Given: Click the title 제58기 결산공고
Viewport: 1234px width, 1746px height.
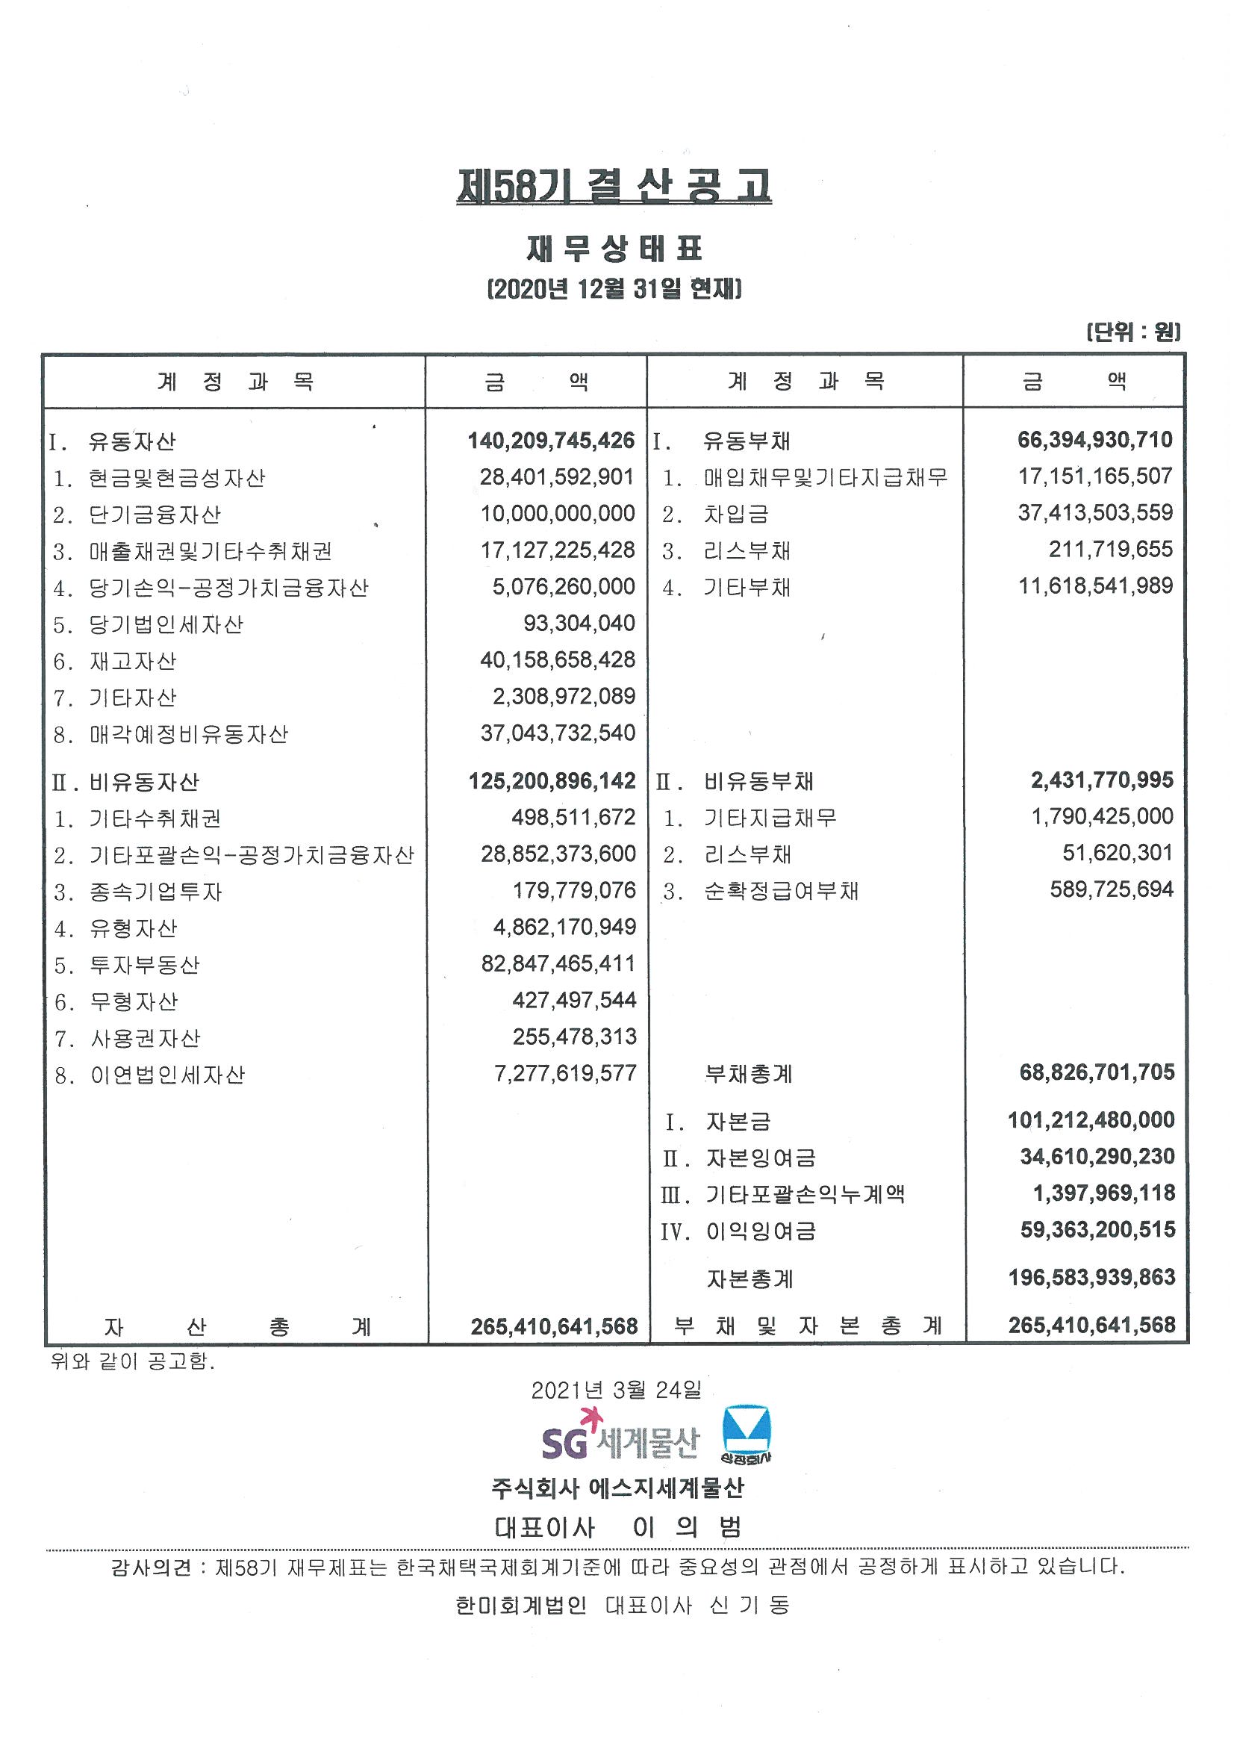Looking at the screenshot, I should (614, 186).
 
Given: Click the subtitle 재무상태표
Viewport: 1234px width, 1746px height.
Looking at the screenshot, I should (614, 249).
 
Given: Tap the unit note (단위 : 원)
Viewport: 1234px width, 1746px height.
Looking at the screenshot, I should (1133, 332).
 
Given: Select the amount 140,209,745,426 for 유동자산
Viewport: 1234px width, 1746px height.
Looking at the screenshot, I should (550, 441).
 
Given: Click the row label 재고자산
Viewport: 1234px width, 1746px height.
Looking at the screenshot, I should (133, 661).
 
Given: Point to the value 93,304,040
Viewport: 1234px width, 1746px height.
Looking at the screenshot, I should (579, 624).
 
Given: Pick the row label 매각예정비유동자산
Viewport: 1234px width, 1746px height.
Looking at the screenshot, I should (189, 735).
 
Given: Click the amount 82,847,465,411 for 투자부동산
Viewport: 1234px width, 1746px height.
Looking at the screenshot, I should (558, 963).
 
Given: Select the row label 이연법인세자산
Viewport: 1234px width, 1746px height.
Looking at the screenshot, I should (167, 1075).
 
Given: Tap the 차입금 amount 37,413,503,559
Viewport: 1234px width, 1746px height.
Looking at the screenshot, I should (1095, 512).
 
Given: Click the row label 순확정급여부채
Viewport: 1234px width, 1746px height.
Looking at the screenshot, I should (781, 890).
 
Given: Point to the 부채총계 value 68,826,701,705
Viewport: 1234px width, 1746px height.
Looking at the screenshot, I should (1097, 1072).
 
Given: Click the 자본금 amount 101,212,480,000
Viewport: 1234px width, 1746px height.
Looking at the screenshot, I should (1091, 1119).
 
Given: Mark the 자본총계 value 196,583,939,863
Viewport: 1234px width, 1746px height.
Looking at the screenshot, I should (1091, 1277).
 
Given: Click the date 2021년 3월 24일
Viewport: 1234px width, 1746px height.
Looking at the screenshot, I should (616, 1390).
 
